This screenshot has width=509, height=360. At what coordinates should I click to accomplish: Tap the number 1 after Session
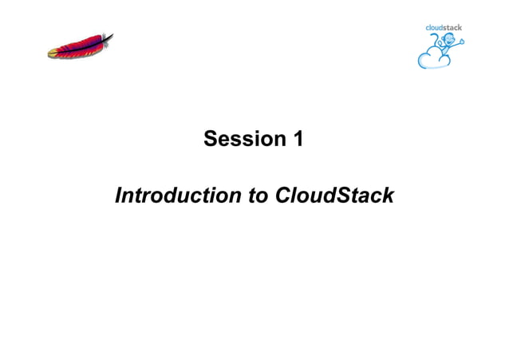point(297,139)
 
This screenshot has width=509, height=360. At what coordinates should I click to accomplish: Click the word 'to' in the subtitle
point(258,196)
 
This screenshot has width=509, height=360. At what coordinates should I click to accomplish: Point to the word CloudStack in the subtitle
point(334,196)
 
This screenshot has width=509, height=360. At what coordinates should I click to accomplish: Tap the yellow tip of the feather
point(53,53)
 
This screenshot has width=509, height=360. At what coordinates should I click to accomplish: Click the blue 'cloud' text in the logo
point(436,27)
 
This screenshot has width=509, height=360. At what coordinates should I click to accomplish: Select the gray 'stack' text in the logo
point(454,27)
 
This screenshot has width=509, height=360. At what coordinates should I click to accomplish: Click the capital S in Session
point(211,139)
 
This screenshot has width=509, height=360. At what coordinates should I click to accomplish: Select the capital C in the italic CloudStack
point(282,196)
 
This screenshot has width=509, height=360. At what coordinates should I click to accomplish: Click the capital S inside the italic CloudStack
point(348,196)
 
